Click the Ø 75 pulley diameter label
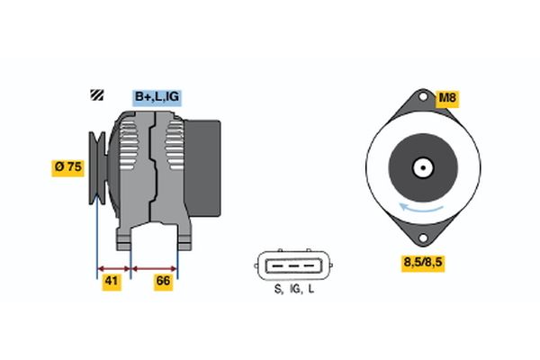coord(67,167)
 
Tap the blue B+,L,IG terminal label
coord(157,97)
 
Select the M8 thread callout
coord(447,98)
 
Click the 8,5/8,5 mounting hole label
coord(423,263)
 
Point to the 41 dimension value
coord(112,282)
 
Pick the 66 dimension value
coord(163,282)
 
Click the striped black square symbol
coord(97,95)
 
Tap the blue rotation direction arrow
coord(421,208)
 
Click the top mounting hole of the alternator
coord(423,96)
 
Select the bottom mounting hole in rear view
coord(423,238)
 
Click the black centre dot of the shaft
coord(423,167)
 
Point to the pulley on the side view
coord(97,167)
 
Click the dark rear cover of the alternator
coord(202,168)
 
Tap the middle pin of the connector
coord(293,266)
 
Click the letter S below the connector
coord(277,289)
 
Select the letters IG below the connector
coord(295,289)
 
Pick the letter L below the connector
coord(311,289)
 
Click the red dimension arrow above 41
coord(114,269)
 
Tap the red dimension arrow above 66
coord(154,269)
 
